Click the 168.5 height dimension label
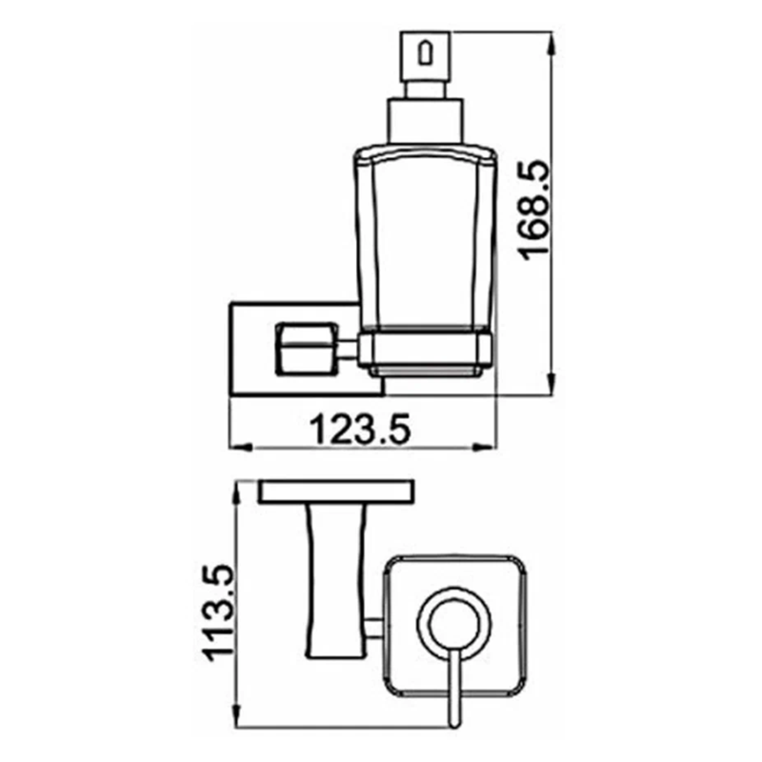(533, 211)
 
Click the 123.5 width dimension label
(360, 430)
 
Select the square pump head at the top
(425, 56)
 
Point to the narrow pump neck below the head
(425, 90)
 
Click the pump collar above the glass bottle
(425, 122)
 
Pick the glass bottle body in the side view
(425, 238)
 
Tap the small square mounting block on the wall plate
(306, 349)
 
